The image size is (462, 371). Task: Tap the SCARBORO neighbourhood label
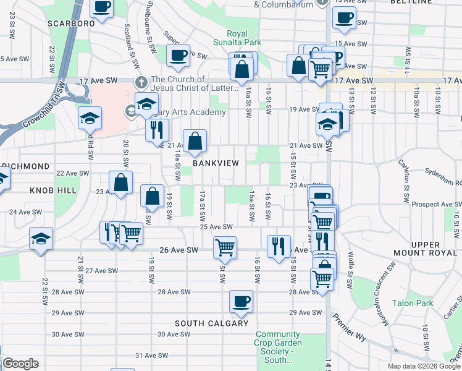[71, 23]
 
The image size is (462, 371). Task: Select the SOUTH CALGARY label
[211, 323]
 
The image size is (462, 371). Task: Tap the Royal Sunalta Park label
[237, 38]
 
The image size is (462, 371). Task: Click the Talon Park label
[412, 304]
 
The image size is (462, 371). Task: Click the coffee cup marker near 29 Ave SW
[241, 302]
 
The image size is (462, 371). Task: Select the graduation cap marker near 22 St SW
[41, 239]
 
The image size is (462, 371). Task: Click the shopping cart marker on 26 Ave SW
[225, 247]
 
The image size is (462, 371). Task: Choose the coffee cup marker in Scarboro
[101, 7]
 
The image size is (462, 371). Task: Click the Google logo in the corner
[20, 364]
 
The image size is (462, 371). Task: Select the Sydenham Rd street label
[446, 182]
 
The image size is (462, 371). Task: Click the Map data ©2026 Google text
[423, 366]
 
